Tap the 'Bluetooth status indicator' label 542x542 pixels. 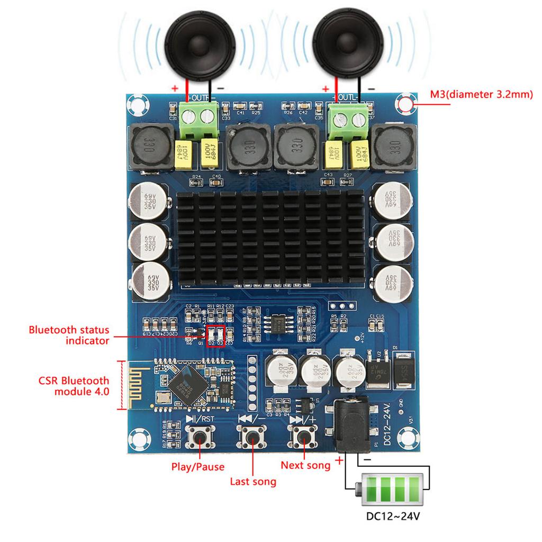pos(69,335)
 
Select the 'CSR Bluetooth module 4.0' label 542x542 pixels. pos(74,386)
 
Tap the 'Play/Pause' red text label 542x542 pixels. pos(197,467)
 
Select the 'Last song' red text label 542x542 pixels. pos(253,482)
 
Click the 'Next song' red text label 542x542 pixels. pos(305,465)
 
